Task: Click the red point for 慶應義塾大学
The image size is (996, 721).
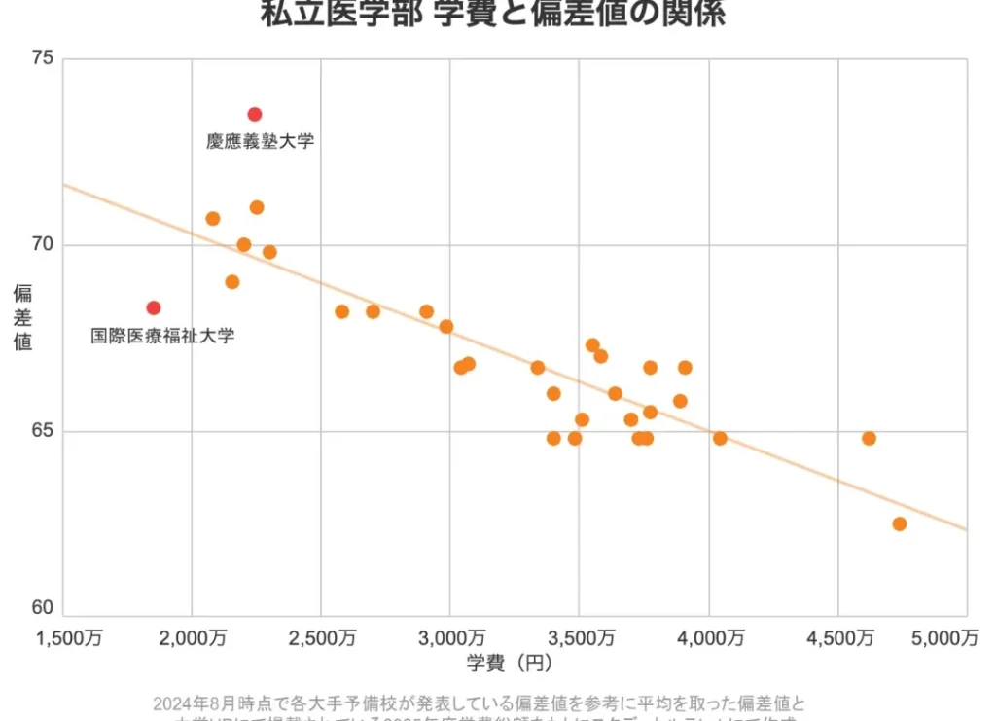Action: coord(255,114)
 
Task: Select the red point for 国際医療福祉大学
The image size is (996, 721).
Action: coord(153,307)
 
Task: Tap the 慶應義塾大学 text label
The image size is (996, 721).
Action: coord(260,141)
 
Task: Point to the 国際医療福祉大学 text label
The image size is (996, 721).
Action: coord(162,336)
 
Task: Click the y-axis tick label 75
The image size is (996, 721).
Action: coord(42,58)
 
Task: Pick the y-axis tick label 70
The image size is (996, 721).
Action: coord(42,245)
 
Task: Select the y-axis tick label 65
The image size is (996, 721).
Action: coord(42,431)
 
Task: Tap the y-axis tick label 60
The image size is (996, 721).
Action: coord(42,608)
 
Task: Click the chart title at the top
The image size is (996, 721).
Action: coord(492,15)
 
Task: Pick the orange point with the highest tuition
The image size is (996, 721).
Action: coord(899,523)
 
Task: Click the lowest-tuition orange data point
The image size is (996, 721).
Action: coord(212,218)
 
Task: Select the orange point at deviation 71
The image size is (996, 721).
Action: coord(257,207)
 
